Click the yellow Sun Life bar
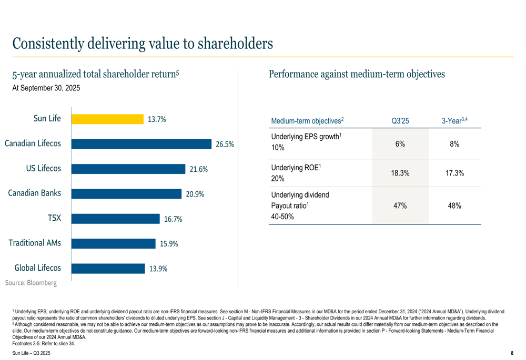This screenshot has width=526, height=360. click(107, 119)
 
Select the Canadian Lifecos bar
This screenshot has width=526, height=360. click(141, 143)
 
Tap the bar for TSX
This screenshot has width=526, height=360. click(115, 219)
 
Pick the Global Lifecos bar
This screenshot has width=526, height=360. click(107, 268)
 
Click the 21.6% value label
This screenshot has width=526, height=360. click(199, 169)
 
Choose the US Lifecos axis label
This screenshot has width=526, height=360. click(44, 168)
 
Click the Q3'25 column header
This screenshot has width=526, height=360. click(400, 121)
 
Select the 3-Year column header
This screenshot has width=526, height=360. click(455, 121)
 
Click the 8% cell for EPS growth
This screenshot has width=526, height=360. click(455, 145)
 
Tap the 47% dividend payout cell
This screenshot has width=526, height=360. click(400, 205)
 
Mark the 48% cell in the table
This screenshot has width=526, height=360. click(455, 205)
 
